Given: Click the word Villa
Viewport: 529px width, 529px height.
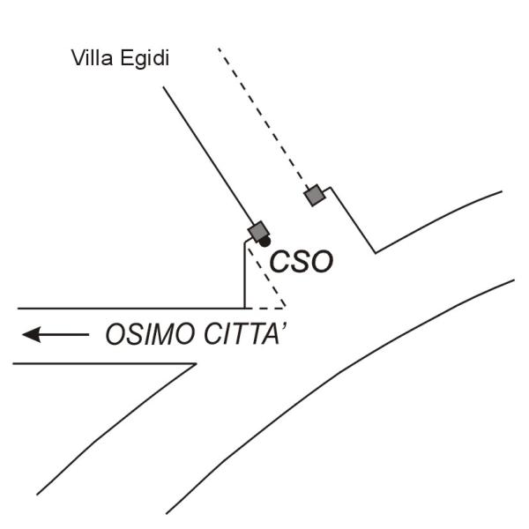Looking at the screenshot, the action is pyautogui.click(x=92, y=57).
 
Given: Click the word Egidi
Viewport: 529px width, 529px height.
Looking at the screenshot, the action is pyautogui.click(x=145, y=59).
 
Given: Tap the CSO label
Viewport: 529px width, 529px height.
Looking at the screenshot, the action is pyautogui.click(x=302, y=262).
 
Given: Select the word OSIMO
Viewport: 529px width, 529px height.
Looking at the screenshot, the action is pyautogui.click(x=151, y=334).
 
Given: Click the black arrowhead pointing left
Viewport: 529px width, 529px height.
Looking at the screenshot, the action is pyautogui.click(x=32, y=335).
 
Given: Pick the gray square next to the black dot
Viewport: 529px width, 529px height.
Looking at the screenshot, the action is pyautogui.click(x=258, y=231).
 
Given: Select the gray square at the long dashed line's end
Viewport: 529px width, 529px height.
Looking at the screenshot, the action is pyautogui.click(x=315, y=195).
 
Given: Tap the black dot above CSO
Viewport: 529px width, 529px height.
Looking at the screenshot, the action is pyautogui.click(x=264, y=242).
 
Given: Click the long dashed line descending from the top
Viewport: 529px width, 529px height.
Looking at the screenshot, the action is pyautogui.click(x=263, y=118).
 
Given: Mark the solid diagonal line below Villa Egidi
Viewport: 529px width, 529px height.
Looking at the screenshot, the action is pyautogui.click(x=208, y=155).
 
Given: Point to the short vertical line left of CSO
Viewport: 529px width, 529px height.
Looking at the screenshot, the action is pyautogui.click(x=244, y=275).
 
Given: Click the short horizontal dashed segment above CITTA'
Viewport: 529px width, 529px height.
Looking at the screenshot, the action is pyautogui.click(x=269, y=308).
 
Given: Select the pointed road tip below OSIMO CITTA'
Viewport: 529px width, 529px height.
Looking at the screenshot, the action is pyautogui.click(x=196, y=363).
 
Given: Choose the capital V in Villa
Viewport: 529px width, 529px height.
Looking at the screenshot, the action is pyautogui.click(x=79, y=58).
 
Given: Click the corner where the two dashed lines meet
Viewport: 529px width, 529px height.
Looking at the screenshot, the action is pyautogui.click(x=286, y=308).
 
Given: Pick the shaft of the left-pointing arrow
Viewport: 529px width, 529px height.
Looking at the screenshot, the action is pyautogui.click(x=64, y=335).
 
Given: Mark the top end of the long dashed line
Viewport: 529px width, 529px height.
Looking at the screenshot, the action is pyautogui.click(x=219, y=48).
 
